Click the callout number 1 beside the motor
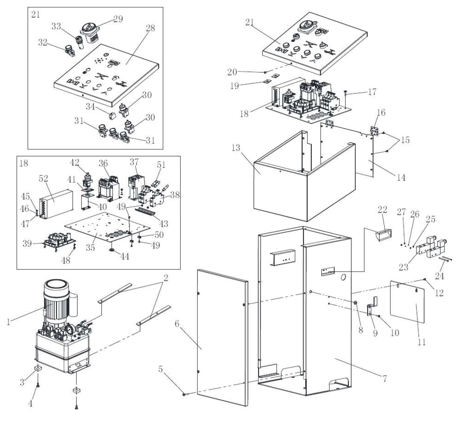[x=9, y=322]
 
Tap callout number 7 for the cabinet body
[x=384, y=378]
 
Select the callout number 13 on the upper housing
[x=236, y=148]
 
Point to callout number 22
[x=382, y=209]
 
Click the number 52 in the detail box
[x=43, y=178]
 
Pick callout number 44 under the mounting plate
[x=125, y=256]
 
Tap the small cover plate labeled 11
[x=408, y=302]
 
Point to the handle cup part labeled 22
[x=384, y=235]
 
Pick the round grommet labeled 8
[x=356, y=303]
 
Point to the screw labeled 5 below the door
[x=184, y=394]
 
